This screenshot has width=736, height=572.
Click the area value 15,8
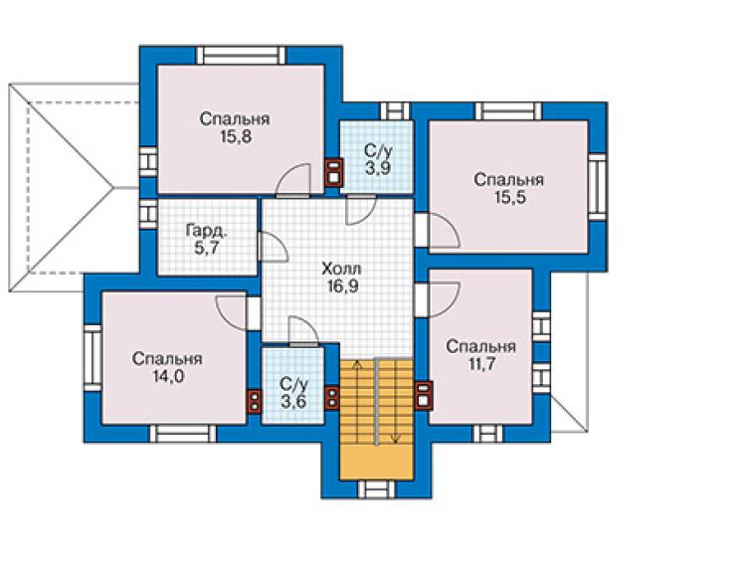pyautogui.click(x=235, y=136)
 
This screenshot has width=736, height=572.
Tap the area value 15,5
pyautogui.click(x=509, y=198)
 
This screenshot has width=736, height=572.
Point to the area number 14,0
pyautogui.click(x=167, y=377)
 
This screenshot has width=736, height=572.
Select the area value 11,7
pyautogui.click(x=481, y=364)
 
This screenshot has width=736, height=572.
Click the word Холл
pyautogui.click(x=342, y=269)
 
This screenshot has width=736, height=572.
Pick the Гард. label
pyautogui.click(x=207, y=231)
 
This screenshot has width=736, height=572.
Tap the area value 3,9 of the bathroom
pyautogui.click(x=378, y=168)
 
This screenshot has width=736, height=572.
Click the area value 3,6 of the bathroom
pyautogui.click(x=293, y=402)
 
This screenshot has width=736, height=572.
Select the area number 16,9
pyautogui.click(x=343, y=286)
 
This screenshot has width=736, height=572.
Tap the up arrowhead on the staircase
pyautogui.click(x=358, y=363)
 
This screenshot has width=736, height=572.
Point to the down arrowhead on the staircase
pyautogui.click(x=396, y=440)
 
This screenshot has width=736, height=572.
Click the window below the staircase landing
pyautogui.click(x=376, y=489)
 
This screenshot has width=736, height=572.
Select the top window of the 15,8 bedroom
pyautogui.click(x=241, y=56)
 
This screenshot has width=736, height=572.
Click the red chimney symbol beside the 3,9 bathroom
pyautogui.click(x=334, y=172)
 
